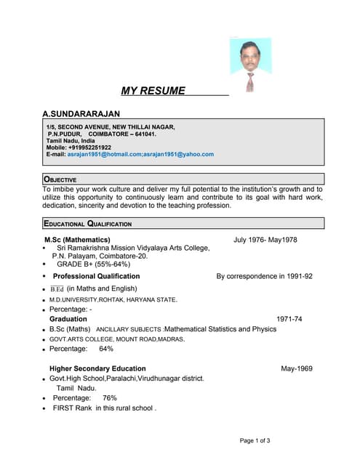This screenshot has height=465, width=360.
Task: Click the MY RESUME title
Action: [x=153, y=91]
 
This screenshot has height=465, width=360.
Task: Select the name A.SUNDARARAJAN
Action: [x=81, y=114]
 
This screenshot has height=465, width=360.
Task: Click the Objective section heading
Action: [x=60, y=179]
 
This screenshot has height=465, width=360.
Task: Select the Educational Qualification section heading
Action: [x=88, y=224]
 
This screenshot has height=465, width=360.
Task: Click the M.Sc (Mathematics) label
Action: [x=77, y=240]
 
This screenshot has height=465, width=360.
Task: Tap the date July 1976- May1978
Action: [x=265, y=240]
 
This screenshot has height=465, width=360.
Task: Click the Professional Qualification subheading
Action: [x=96, y=276]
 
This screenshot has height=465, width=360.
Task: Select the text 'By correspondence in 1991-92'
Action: [x=265, y=276]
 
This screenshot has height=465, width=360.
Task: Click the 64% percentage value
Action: [x=105, y=349]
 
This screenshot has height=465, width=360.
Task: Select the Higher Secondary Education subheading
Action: [x=97, y=368]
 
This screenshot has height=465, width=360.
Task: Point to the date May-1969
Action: [x=297, y=368]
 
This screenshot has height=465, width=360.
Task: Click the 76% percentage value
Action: [x=109, y=398]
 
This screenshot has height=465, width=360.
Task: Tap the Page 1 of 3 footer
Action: [x=255, y=440]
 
